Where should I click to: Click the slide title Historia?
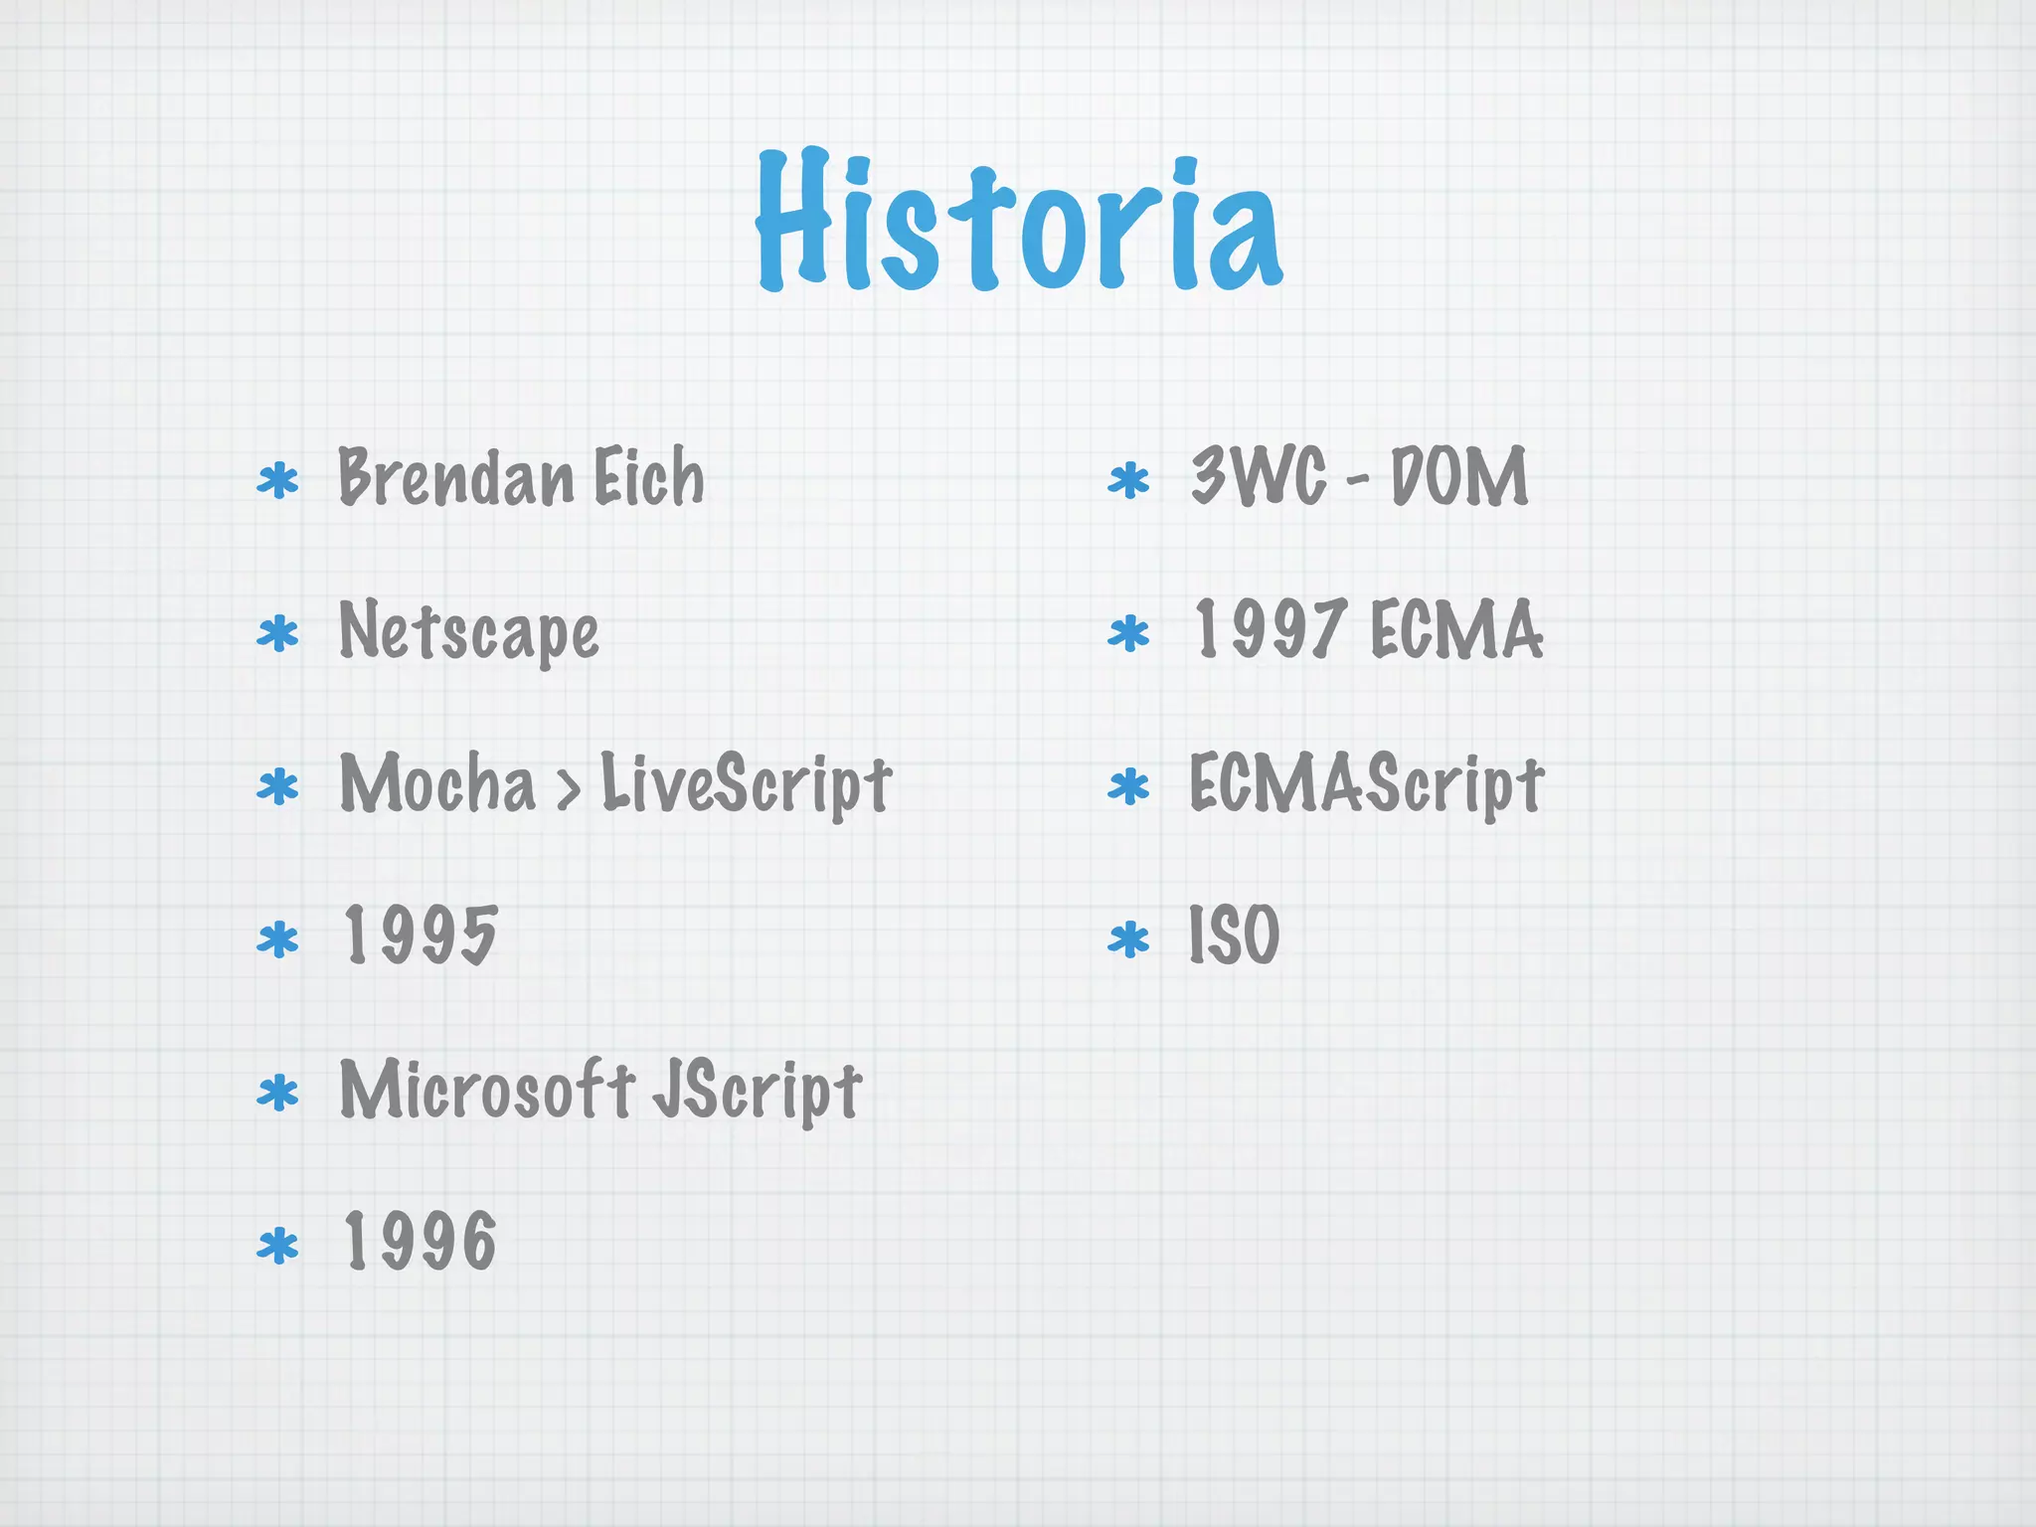click(x=1018, y=221)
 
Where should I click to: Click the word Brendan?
click(x=456, y=477)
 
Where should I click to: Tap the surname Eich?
click(x=649, y=477)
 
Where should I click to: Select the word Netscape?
click(x=468, y=631)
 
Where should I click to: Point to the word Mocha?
click(x=437, y=783)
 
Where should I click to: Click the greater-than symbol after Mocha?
click(x=568, y=788)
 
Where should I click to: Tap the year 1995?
click(x=420, y=935)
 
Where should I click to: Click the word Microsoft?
click(x=487, y=1089)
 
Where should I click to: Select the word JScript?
click(x=757, y=1091)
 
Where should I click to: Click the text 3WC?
click(x=1259, y=477)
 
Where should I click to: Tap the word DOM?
click(x=1458, y=477)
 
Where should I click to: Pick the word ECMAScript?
click(x=1366, y=783)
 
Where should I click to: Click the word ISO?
click(x=1234, y=935)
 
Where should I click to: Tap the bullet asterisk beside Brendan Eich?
click(x=277, y=481)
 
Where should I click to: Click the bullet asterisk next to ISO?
click(x=1128, y=939)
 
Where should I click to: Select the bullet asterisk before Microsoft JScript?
click(x=277, y=1093)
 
